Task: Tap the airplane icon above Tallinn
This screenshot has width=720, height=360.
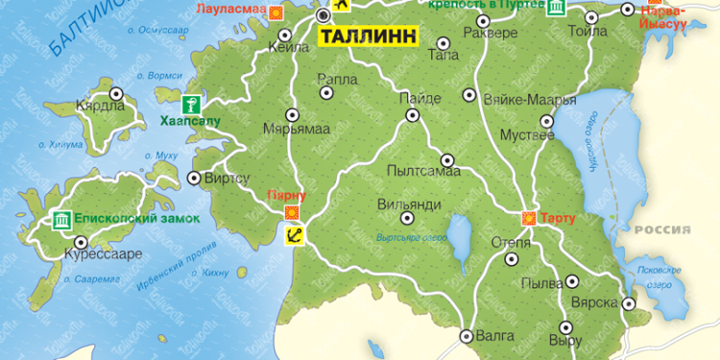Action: [x=338, y=7]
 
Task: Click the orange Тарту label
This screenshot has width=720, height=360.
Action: [x=558, y=219]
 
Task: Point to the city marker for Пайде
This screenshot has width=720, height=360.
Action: [x=413, y=115]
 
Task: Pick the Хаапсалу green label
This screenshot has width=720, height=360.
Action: [x=190, y=122]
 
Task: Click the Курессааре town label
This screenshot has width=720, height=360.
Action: [x=103, y=254]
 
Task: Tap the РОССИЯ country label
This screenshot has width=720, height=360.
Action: [x=662, y=229]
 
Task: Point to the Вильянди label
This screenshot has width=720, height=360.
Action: [x=409, y=204]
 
